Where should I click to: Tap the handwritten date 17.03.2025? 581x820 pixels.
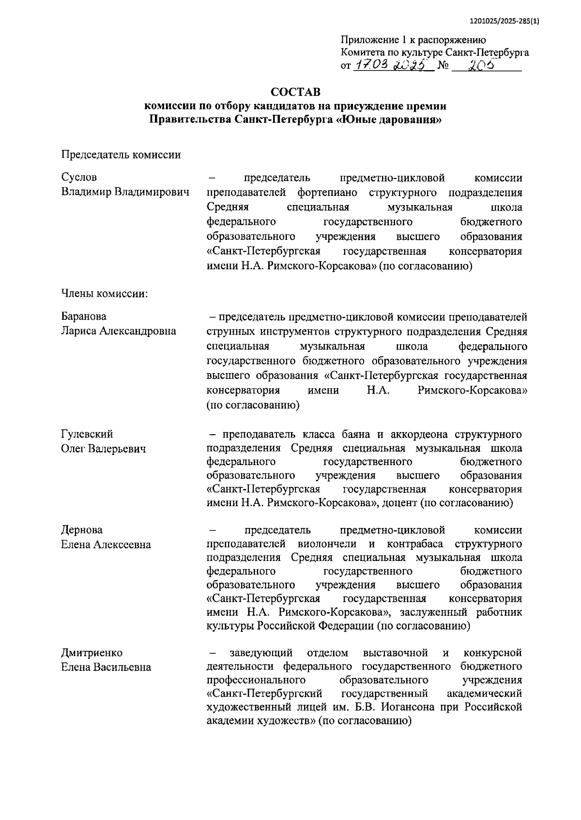pos(392,65)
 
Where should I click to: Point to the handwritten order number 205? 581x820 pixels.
pos(480,65)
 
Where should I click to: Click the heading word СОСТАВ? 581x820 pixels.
pos(295,91)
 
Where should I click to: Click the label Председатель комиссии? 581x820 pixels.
pos(121,154)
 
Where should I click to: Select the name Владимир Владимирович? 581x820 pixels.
pos(125,192)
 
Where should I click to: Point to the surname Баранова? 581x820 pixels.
pos(84,316)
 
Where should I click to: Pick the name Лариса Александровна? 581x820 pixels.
pos(119,331)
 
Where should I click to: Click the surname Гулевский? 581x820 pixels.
pos(87,434)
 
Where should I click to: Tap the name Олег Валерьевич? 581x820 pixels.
pos(104,449)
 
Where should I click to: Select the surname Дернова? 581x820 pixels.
pos(82,529)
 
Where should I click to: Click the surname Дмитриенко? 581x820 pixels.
pos(92,653)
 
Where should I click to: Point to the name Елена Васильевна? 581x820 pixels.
pos(106,667)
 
